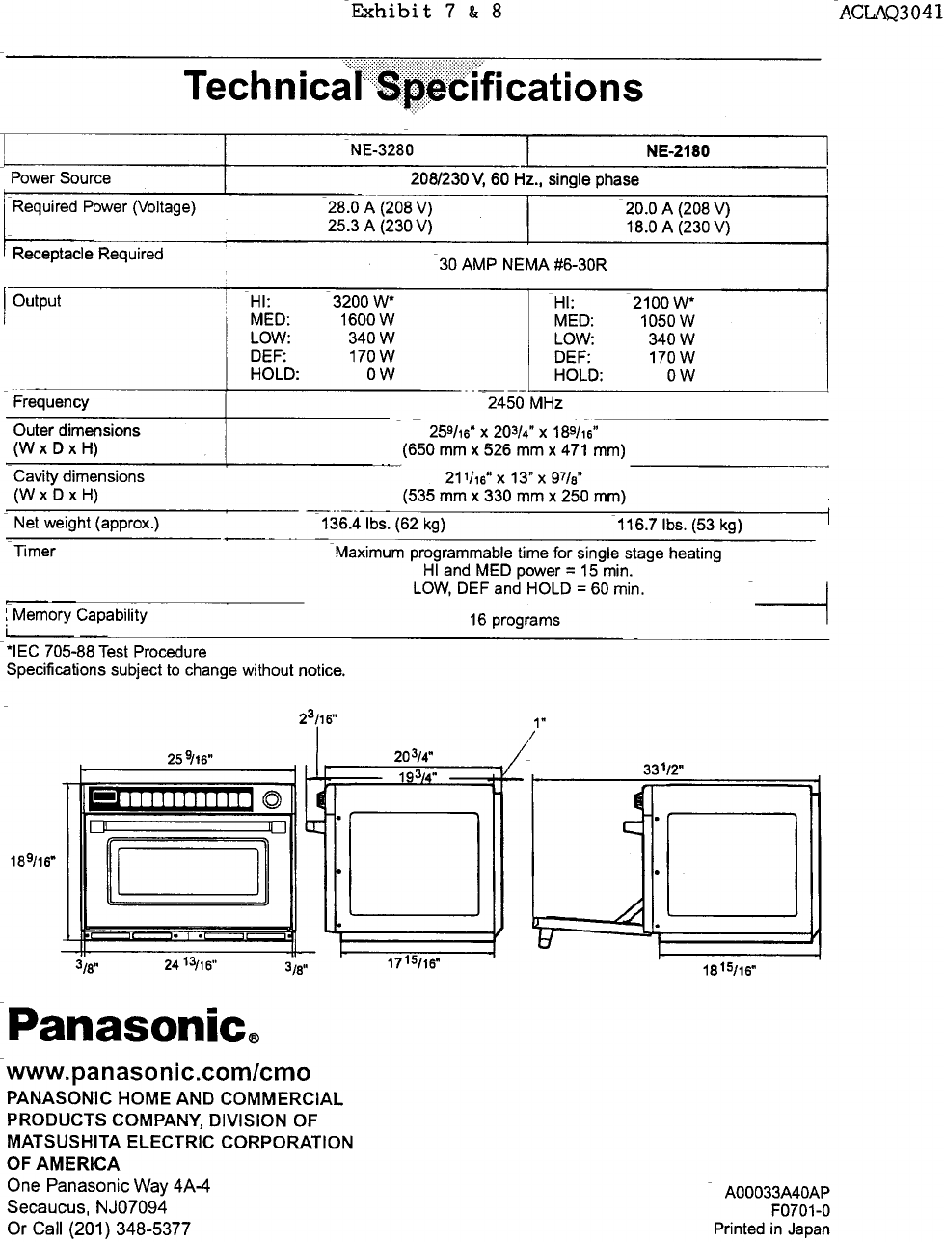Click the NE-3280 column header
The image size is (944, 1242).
pyautogui.click(x=383, y=149)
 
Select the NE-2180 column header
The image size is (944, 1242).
pyautogui.click(x=678, y=151)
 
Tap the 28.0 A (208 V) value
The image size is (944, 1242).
pyautogui.click(x=380, y=208)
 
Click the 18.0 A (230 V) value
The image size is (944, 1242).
pyautogui.click(x=677, y=228)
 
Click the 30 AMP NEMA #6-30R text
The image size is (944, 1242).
pyautogui.click(x=523, y=265)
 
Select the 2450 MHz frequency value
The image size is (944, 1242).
pyautogui.click(x=526, y=403)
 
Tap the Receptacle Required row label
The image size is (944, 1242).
pyautogui.click(x=88, y=255)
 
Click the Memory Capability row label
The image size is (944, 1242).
pyautogui.click(x=80, y=615)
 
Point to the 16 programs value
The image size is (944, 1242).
pyautogui.click(x=514, y=620)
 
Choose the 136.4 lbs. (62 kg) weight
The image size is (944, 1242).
pyautogui.click(x=382, y=525)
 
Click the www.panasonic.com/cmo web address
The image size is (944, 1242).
pyautogui.click(x=159, y=1074)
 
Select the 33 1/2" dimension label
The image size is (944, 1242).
pyautogui.click(x=664, y=768)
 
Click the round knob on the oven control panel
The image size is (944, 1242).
pyautogui.click(x=273, y=798)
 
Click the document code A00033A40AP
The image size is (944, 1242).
pyautogui.click(x=777, y=1193)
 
